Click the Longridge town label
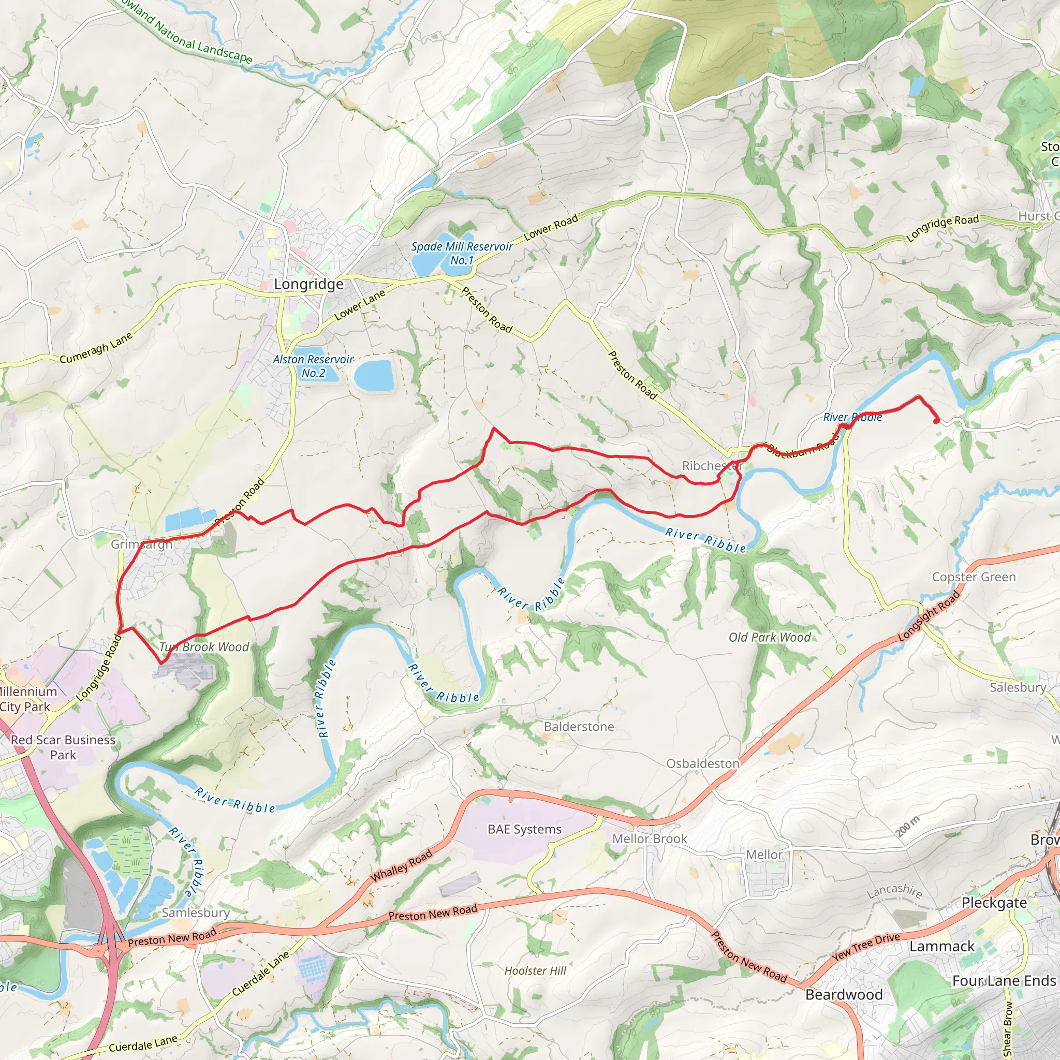click(308, 284)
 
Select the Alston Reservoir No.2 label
click(313, 366)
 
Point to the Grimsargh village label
click(141, 544)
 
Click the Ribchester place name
click(712, 466)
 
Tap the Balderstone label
click(579, 726)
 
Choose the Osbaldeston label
click(702, 764)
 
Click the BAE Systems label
click(524, 829)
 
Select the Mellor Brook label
click(650, 838)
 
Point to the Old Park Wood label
click(769, 637)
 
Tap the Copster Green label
click(974, 577)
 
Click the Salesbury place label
click(1018, 687)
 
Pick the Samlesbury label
click(195, 912)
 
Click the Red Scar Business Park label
click(63, 747)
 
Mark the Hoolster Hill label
click(535, 970)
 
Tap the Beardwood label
click(844, 995)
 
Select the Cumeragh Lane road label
click(96, 348)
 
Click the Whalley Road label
click(402, 866)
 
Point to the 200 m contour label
click(908, 826)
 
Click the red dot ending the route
click(936, 421)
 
